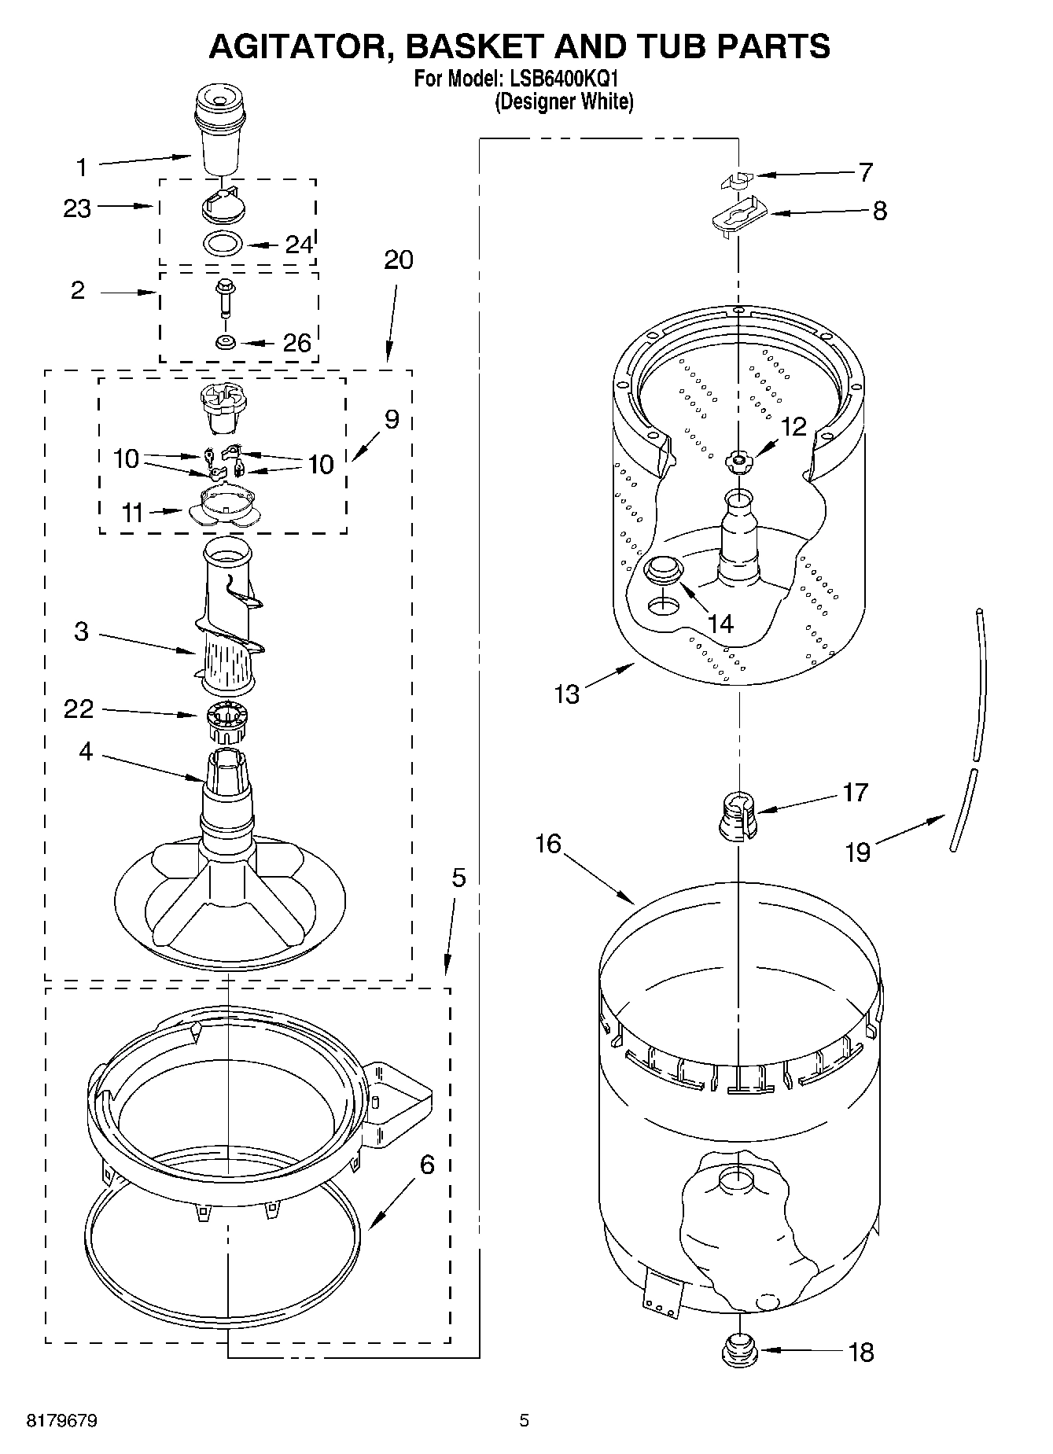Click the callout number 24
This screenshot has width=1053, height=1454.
[298, 245]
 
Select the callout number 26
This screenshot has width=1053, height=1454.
[297, 343]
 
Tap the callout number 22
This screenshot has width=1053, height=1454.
[79, 709]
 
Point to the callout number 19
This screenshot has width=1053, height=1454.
[858, 852]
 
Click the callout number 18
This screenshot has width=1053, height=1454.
[862, 1353]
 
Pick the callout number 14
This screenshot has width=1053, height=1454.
[720, 624]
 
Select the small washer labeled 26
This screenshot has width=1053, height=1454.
[226, 342]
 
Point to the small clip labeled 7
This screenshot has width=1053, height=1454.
[737, 179]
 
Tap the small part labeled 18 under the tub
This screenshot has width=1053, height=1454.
[738, 1351]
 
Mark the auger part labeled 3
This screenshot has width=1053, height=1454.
[230, 621]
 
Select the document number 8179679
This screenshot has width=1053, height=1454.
[62, 1420]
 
